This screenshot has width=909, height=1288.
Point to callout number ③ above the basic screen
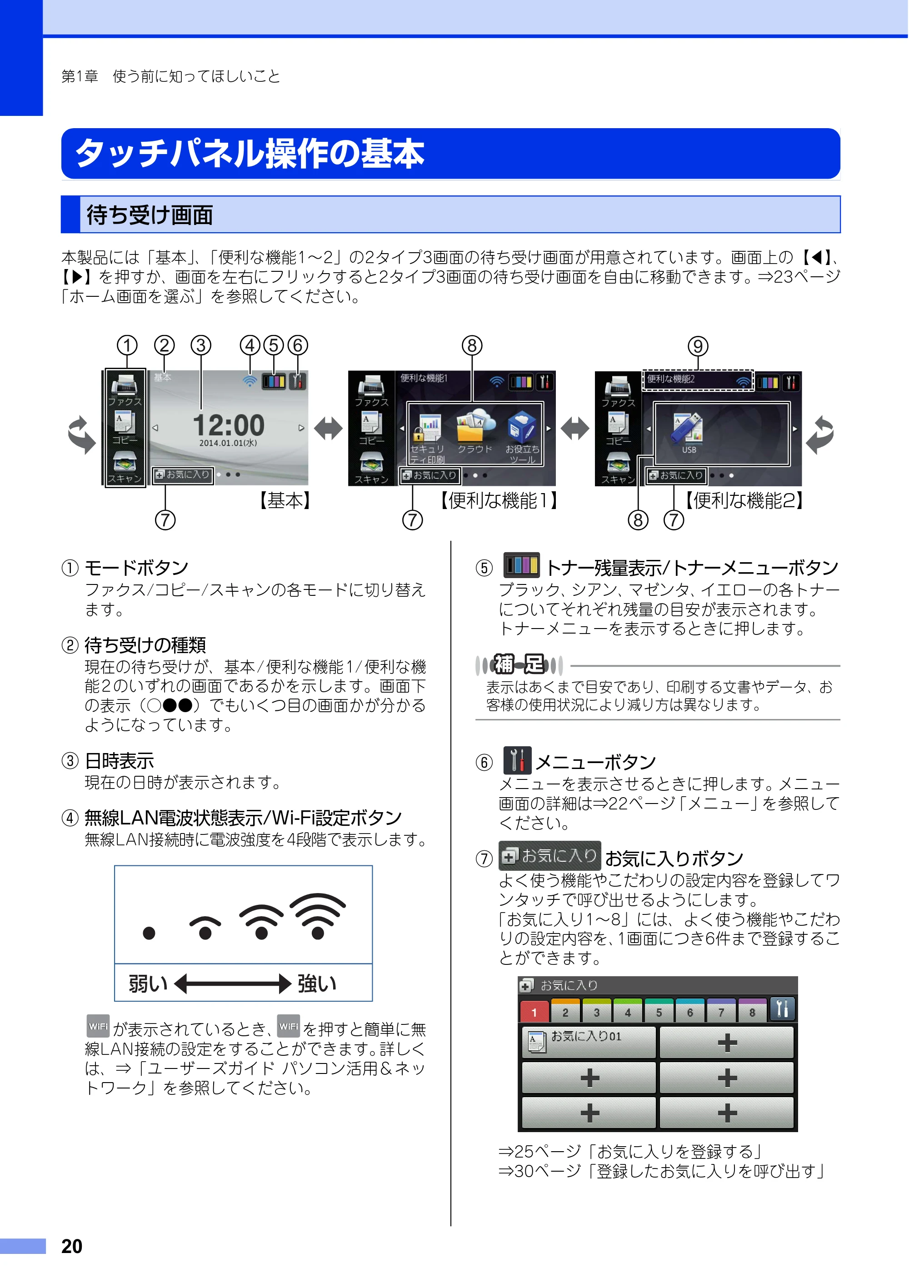pos(201,345)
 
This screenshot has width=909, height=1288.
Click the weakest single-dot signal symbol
pos(149,933)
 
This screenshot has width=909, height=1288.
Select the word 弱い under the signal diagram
pos(148,983)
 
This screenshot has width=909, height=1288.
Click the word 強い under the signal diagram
pos(317,983)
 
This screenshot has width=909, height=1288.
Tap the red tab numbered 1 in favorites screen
pos(534,1011)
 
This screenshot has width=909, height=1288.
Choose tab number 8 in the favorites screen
pos(752,1011)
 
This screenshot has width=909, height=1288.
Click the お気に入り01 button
pos(589,1042)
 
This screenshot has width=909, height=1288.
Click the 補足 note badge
pos(519,665)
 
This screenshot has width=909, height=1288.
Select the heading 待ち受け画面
pos(150,215)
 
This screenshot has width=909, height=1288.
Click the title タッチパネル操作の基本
pos(250,153)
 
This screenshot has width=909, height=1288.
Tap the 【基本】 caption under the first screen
pos(285,500)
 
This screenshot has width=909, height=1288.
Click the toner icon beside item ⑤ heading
pos(521,565)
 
